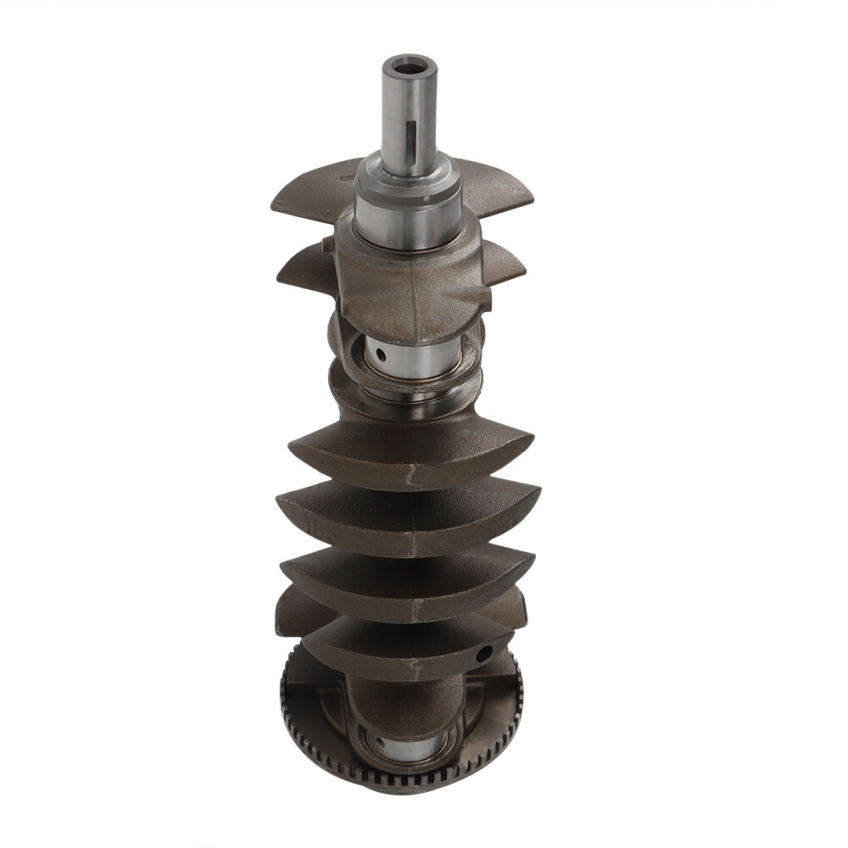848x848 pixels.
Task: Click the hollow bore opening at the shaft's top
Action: [409, 64]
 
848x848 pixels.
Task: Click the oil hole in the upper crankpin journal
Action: [381, 354]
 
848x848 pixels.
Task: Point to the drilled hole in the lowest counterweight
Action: [484, 653]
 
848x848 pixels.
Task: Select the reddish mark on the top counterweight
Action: [346, 178]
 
